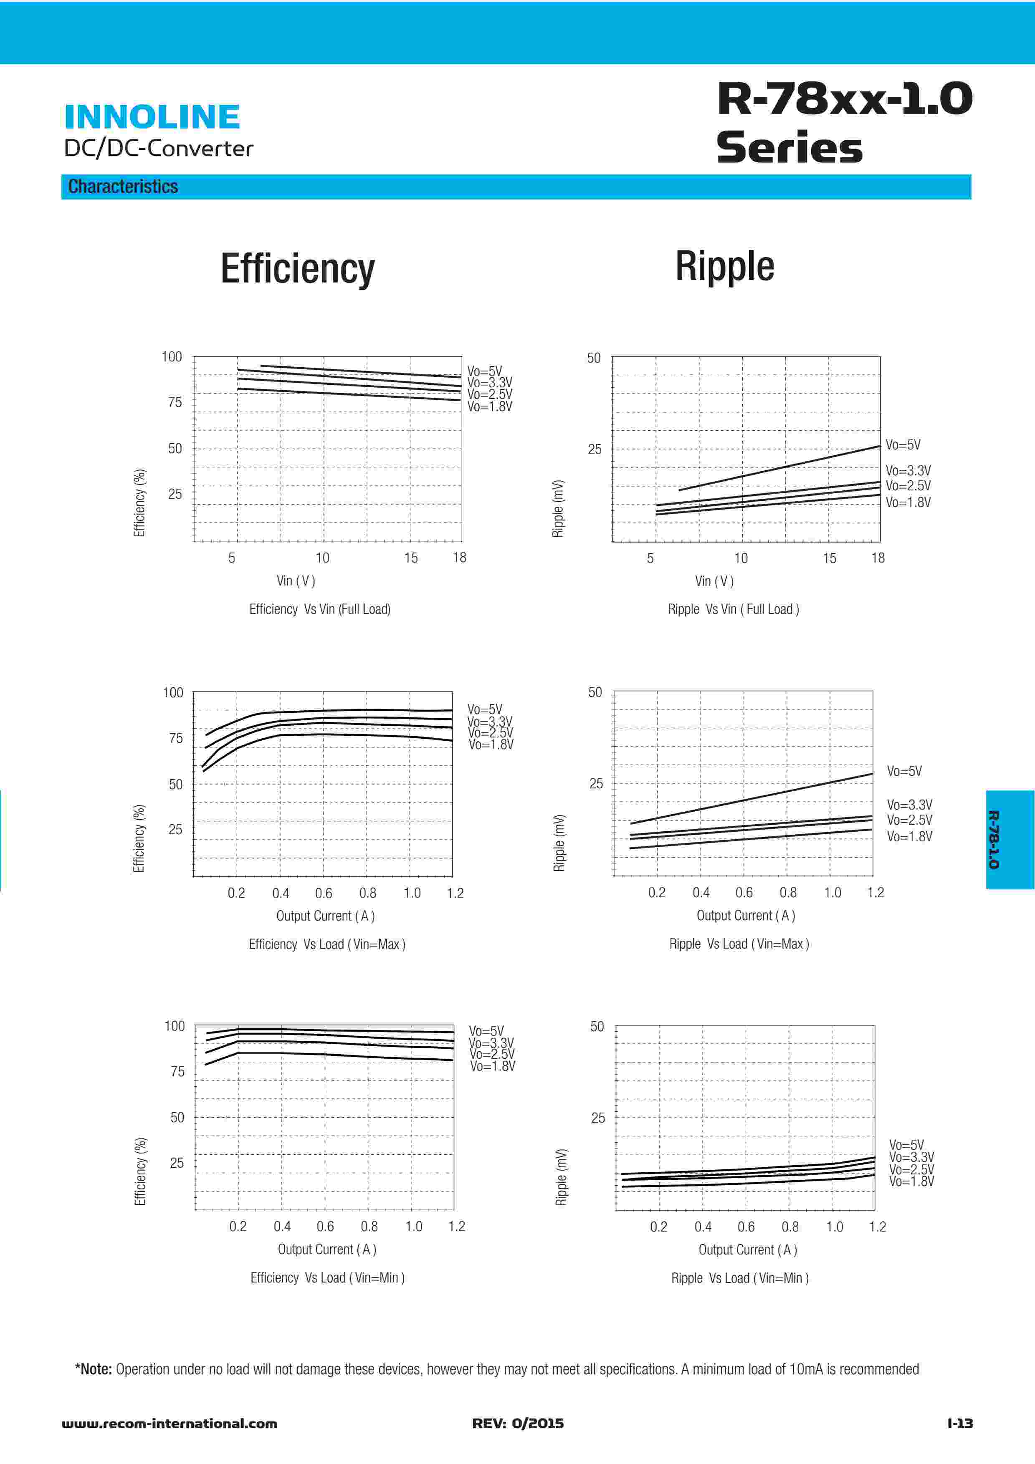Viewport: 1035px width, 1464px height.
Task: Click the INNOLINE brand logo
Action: pyautogui.click(x=152, y=117)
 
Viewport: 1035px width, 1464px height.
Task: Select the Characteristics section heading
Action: pyautogui.click(x=123, y=187)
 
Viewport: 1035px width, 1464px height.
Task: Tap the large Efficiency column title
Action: pyautogui.click(x=297, y=268)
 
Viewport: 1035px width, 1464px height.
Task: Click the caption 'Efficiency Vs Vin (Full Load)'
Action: pyautogui.click(x=319, y=609)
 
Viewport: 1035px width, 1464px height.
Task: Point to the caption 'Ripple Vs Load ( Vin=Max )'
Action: pyautogui.click(x=739, y=944)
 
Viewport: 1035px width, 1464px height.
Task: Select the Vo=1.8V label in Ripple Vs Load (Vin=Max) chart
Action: pyautogui.click(x=909, y=837)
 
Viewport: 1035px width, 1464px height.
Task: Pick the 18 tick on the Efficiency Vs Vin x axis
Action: pyautogui.click(x=459, y=558)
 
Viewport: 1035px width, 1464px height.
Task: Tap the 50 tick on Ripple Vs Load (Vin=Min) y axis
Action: pyautogui.click(x=597, y=1027)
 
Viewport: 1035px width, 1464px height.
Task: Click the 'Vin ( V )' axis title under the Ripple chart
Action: pyautogui.click(x=714, y=581)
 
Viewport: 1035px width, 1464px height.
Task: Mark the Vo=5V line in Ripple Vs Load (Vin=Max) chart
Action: pyautogui.click(x=752, y=798)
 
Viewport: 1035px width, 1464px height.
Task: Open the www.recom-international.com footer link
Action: pyautogui.click(x=169, y=1423)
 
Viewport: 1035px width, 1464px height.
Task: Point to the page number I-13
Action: pyautogui.click(x=960, y=1423)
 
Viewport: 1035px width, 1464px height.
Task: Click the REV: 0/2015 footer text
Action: pyautogui.click(x=518, y=1423)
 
